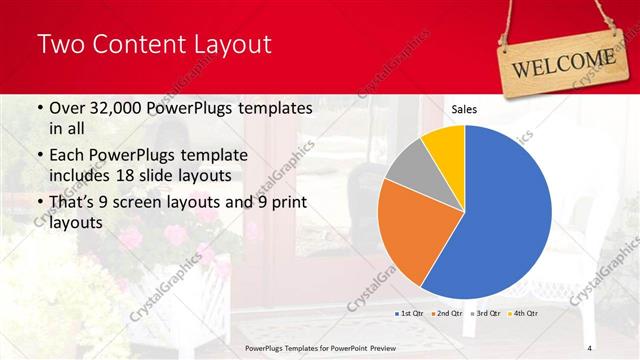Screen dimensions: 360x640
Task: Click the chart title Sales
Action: coord(463,109)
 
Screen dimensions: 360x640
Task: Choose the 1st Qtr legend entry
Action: coord(410,313)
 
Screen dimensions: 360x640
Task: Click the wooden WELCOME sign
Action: coord(563,59)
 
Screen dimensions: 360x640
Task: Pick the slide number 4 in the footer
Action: coord(590,347)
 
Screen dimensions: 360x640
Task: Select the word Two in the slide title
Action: coord(62,44)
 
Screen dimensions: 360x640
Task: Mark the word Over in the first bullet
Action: coord(67,108)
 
